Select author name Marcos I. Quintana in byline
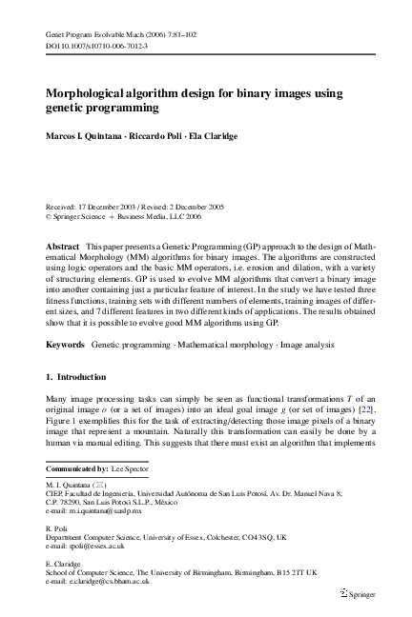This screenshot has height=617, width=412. coord(83,136)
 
